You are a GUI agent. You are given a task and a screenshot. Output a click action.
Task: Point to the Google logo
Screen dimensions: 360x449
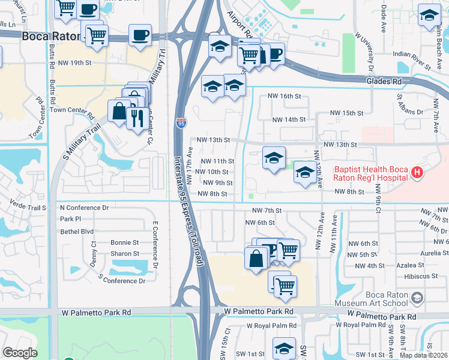pyautogui.click(x=20, y=353)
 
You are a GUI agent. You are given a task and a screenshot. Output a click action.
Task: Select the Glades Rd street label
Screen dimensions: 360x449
pyautogui.click(x=381, y=81)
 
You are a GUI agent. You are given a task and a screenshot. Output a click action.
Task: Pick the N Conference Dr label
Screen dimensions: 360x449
pyautogui.click(x=84, y=208)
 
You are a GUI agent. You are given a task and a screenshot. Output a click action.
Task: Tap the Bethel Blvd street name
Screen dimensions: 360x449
pyautogui.click(x=77, y=231)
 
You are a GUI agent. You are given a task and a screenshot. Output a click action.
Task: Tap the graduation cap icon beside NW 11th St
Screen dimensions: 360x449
pyautogui.click(x=274, y=158)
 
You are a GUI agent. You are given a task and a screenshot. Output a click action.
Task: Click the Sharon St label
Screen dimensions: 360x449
pyautogui.click(x=125, y=254)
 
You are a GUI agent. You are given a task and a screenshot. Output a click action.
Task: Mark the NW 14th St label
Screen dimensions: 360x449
pyautogui.click(x=289, y=119)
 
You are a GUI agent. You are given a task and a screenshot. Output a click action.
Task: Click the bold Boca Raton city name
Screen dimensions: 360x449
pyautogui.click(x=52, y=36)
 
